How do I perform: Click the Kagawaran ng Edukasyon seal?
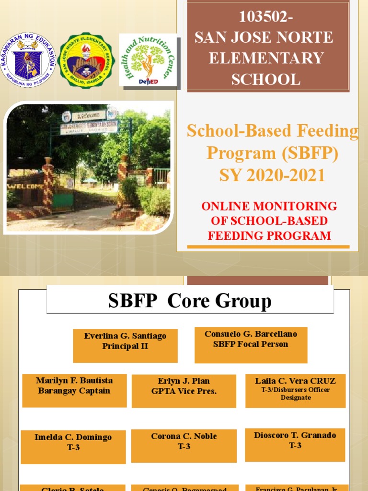pos(28,60)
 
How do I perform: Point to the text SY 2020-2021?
pos(272,175)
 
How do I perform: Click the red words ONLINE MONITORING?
pos(269,206)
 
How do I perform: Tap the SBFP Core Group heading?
pos(190,301)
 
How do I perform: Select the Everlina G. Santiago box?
pos(125,345)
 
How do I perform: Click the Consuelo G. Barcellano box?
pos(251,345)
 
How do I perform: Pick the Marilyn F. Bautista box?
pos(74,390)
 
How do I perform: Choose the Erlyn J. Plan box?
pos(184,391)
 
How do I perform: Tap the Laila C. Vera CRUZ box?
pos(295,390)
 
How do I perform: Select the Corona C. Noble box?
pos(184,446)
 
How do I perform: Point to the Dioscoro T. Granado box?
pos(295,445)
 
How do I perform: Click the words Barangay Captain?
pos(74,391)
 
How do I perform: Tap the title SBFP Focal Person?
pos(251,344)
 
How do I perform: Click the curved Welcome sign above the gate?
pos(89,115)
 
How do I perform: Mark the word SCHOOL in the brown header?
pos(265,79)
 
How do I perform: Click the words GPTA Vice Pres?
pos(184,391)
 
